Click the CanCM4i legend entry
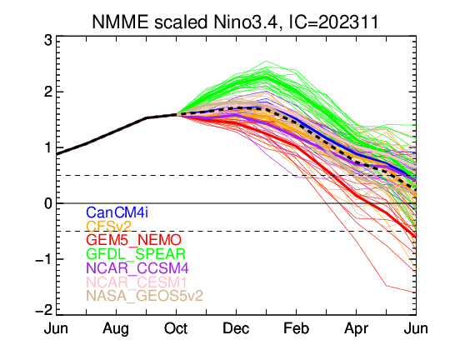point(117,212)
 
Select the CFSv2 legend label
point(109,227)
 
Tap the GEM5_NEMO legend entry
point(133,240)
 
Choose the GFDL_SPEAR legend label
point(136,254)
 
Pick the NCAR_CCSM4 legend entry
point(137,268)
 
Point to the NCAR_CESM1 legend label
point(137,282)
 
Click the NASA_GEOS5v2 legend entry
point(145,296)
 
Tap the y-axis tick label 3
point(48,41)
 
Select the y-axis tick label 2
point(48,92)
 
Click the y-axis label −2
point(44,310)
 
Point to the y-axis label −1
point(44,259)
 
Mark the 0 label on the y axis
point(48,203)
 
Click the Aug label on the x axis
point(116,329)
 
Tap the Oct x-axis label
point(176,328)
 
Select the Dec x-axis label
point(236,328)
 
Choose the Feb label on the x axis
point(296,328)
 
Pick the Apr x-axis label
point(356,329)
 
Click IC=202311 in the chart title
point(332,22)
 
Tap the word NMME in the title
point(120,22)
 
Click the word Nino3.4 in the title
point(245,22)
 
